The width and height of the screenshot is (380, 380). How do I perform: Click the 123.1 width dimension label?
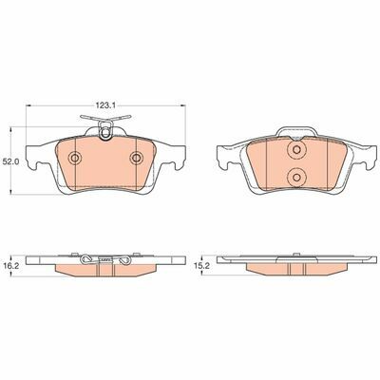(x=104, y=106)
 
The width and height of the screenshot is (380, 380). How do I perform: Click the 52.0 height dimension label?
(x=10, y=161)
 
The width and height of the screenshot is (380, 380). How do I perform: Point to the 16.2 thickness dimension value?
(x=10, y=266)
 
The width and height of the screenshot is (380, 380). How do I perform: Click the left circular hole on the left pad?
(x=75, y=158)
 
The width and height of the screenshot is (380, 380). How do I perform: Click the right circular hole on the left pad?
(x=137, y=158)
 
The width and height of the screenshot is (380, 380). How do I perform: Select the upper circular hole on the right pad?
(x=296, y=149)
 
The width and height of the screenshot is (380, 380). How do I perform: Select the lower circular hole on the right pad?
(x=296, y=178)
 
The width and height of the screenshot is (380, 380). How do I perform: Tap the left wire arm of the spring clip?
(x=89, y=118)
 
